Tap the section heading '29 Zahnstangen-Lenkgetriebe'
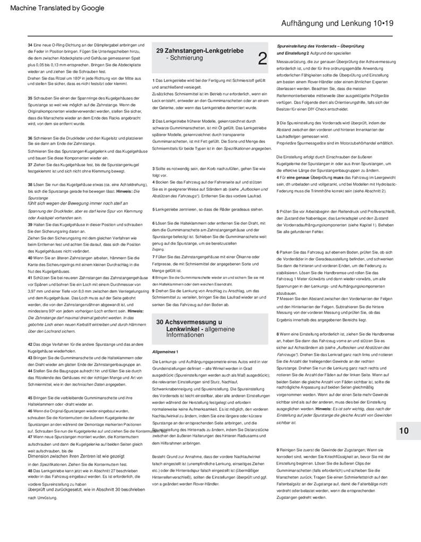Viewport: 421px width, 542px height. tap(200, 50)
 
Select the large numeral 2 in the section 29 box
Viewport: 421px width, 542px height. tap(262, 58)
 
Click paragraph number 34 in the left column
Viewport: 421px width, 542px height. tap(30, 45)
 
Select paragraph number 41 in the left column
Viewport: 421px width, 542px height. tap(30, 277)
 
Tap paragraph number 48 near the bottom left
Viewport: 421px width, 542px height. tap(30, 471)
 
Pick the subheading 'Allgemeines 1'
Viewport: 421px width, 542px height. tap(166, 352)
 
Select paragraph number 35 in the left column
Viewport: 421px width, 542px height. tap(30, 98)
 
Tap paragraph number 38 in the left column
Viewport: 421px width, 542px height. tap(30, 184)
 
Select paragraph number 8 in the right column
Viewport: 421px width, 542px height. tap(278, 333)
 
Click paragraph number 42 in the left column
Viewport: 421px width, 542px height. tap(30, 344)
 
